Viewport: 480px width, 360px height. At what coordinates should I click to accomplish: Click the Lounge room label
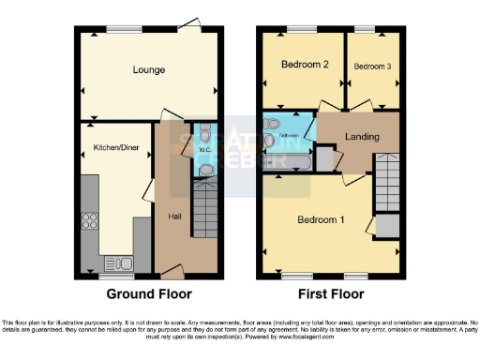[148, 70]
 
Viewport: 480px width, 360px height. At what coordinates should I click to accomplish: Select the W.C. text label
[204, 150]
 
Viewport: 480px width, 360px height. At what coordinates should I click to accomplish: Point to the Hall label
[174, 217]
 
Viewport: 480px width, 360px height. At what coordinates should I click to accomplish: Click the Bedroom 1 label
[321, 220]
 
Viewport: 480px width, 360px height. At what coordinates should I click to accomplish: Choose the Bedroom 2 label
[305, 65]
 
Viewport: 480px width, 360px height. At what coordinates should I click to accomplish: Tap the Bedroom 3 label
[372, 66]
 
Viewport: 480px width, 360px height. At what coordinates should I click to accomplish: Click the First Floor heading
[332, 292]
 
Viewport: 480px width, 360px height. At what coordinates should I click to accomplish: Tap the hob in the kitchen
[92, 221]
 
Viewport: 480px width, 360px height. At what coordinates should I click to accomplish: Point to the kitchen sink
[119, 262]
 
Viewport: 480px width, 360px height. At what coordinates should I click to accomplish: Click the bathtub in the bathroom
[291, 164]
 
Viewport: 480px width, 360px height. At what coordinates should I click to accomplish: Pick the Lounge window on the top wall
[117, 28]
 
